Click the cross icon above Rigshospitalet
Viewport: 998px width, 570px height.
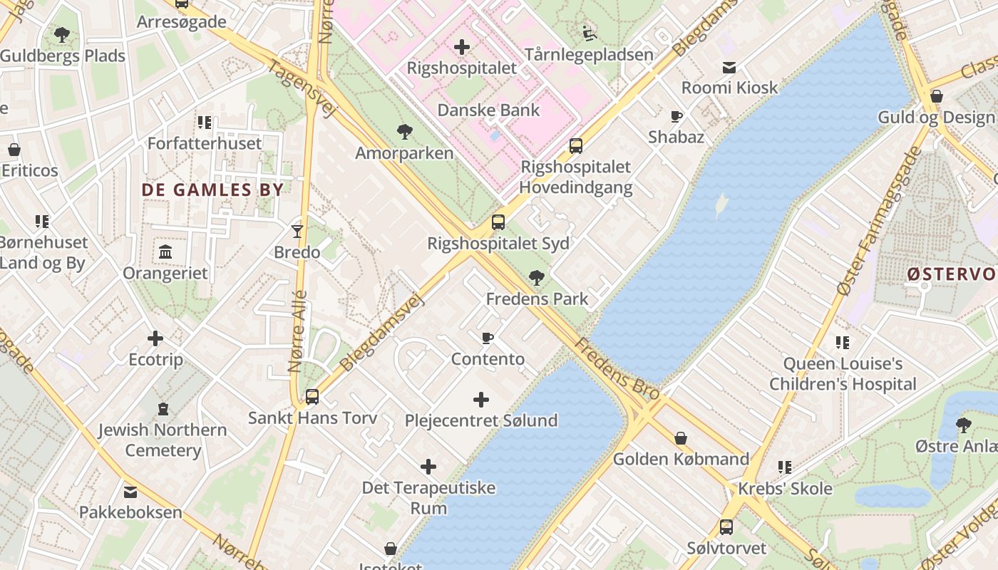pyautogui.click(x=462, y=48)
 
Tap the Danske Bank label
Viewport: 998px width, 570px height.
pyautogui.click(x=488, y=110)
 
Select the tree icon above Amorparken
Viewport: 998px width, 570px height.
pyautogui.click(x=404, y=132)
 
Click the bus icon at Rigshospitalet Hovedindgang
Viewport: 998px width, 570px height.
pyautogui.click(x=575, y=146)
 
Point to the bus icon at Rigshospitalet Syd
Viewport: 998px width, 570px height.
pyautogui.click(x=498, y=222)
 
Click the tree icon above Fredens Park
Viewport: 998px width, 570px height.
pyautogui.click(x=537, y=277)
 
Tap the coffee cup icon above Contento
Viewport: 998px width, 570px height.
pyautogui.click(x=488, y=338)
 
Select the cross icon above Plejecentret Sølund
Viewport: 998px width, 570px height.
pyautogui.click(x=481, y=400)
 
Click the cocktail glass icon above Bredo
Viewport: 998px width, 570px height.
pyautogui.click(x=297, y=231)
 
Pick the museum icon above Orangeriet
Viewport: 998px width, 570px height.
pyautogui.click(x=165, y=252)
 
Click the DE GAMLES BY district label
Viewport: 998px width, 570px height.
pyautogui.click(x=212, y=190)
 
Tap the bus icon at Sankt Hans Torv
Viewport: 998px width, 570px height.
pyautogui.click(x=312, y=396)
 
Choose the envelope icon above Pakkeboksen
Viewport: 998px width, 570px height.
pyautogui.click(x=130, y=492)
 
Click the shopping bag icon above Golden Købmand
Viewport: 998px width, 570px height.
pyautogui.click(x=681, y=438)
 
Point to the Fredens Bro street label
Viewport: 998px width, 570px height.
pyautogui.click(x=617, y=368)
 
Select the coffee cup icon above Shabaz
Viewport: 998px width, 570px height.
pyautogui.click(x=676, y=116)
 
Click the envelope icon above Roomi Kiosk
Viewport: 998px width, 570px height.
pyautogui.click(x=729, y=68)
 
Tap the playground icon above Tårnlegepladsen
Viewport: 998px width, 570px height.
pyautogui.click(x=589, y=33)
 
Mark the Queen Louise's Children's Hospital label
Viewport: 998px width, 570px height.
pyautogui.click(x=843, y=374)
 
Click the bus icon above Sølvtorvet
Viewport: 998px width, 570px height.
pyautogui.click(x=726, y=527)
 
